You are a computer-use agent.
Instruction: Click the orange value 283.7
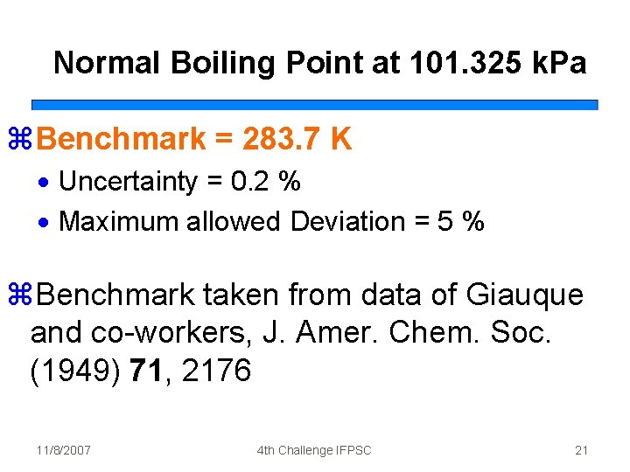pos(275,138)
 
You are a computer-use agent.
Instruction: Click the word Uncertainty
pos(129,182)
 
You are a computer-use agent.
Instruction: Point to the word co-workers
pos(159,334)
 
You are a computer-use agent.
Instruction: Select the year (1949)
pos(75,371)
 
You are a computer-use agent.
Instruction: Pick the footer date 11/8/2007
pos(64,450)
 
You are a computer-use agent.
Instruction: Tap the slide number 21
pos(581,450)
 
